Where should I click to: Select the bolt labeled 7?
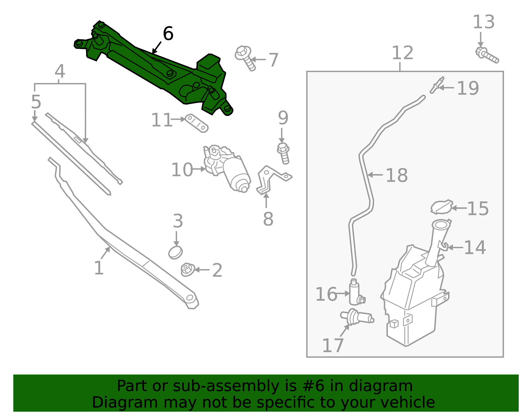245,58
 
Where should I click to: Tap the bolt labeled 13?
487,55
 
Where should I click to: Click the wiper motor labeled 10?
227,167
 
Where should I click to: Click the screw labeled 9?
283,153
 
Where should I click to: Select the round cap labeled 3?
175,253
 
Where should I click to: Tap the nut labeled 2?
188,269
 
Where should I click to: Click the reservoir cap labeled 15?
441,207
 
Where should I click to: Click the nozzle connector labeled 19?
437,85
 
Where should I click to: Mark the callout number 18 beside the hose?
397,175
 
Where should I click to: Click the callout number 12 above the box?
402,52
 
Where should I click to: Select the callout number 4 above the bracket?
60,71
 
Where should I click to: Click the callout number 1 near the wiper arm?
99,268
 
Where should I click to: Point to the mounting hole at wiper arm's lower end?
190,298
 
